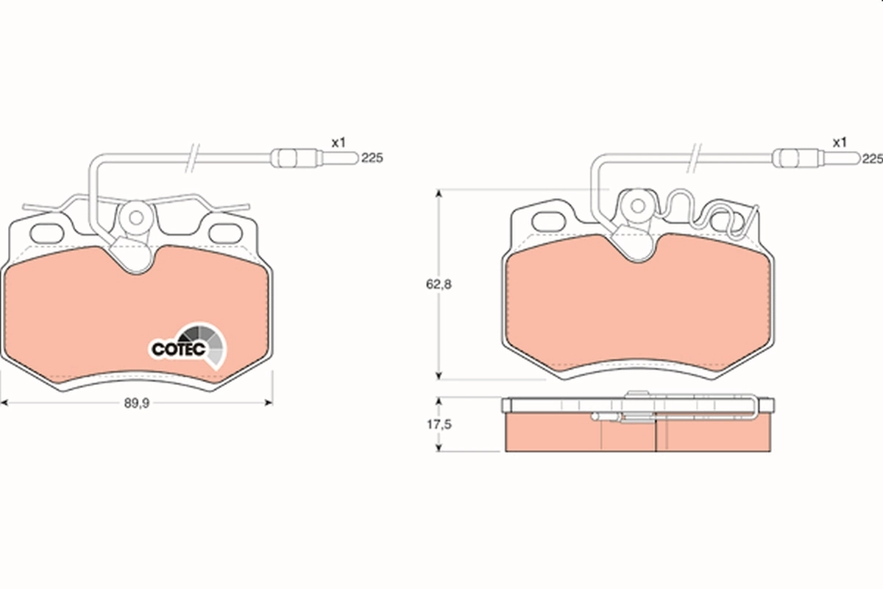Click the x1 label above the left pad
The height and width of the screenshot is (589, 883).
338,142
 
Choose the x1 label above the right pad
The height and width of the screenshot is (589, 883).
840,142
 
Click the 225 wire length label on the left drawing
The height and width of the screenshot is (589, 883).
372,158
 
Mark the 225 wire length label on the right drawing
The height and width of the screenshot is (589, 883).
872,158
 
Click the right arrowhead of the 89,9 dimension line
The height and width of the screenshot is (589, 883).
269,403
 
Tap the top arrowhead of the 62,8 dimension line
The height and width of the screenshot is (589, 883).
439,194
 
